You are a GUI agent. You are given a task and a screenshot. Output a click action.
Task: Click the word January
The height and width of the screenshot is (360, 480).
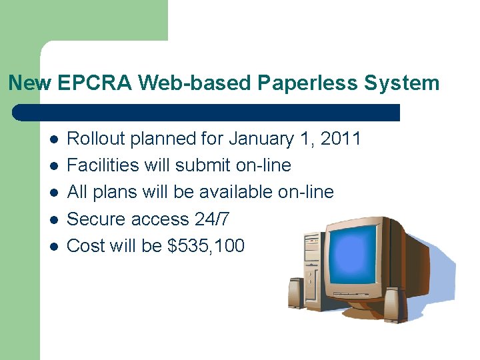[x=261, y=139]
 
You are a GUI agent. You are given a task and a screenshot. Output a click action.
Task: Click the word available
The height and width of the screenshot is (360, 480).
[x=236, y=192]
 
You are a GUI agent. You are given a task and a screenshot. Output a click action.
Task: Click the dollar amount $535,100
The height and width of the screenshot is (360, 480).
[x=206, y=245]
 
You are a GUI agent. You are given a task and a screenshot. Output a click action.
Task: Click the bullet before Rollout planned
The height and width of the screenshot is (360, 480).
[x=53, y=139]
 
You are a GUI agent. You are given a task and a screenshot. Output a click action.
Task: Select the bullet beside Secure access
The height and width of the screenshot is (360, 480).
[x=53, y=219]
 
